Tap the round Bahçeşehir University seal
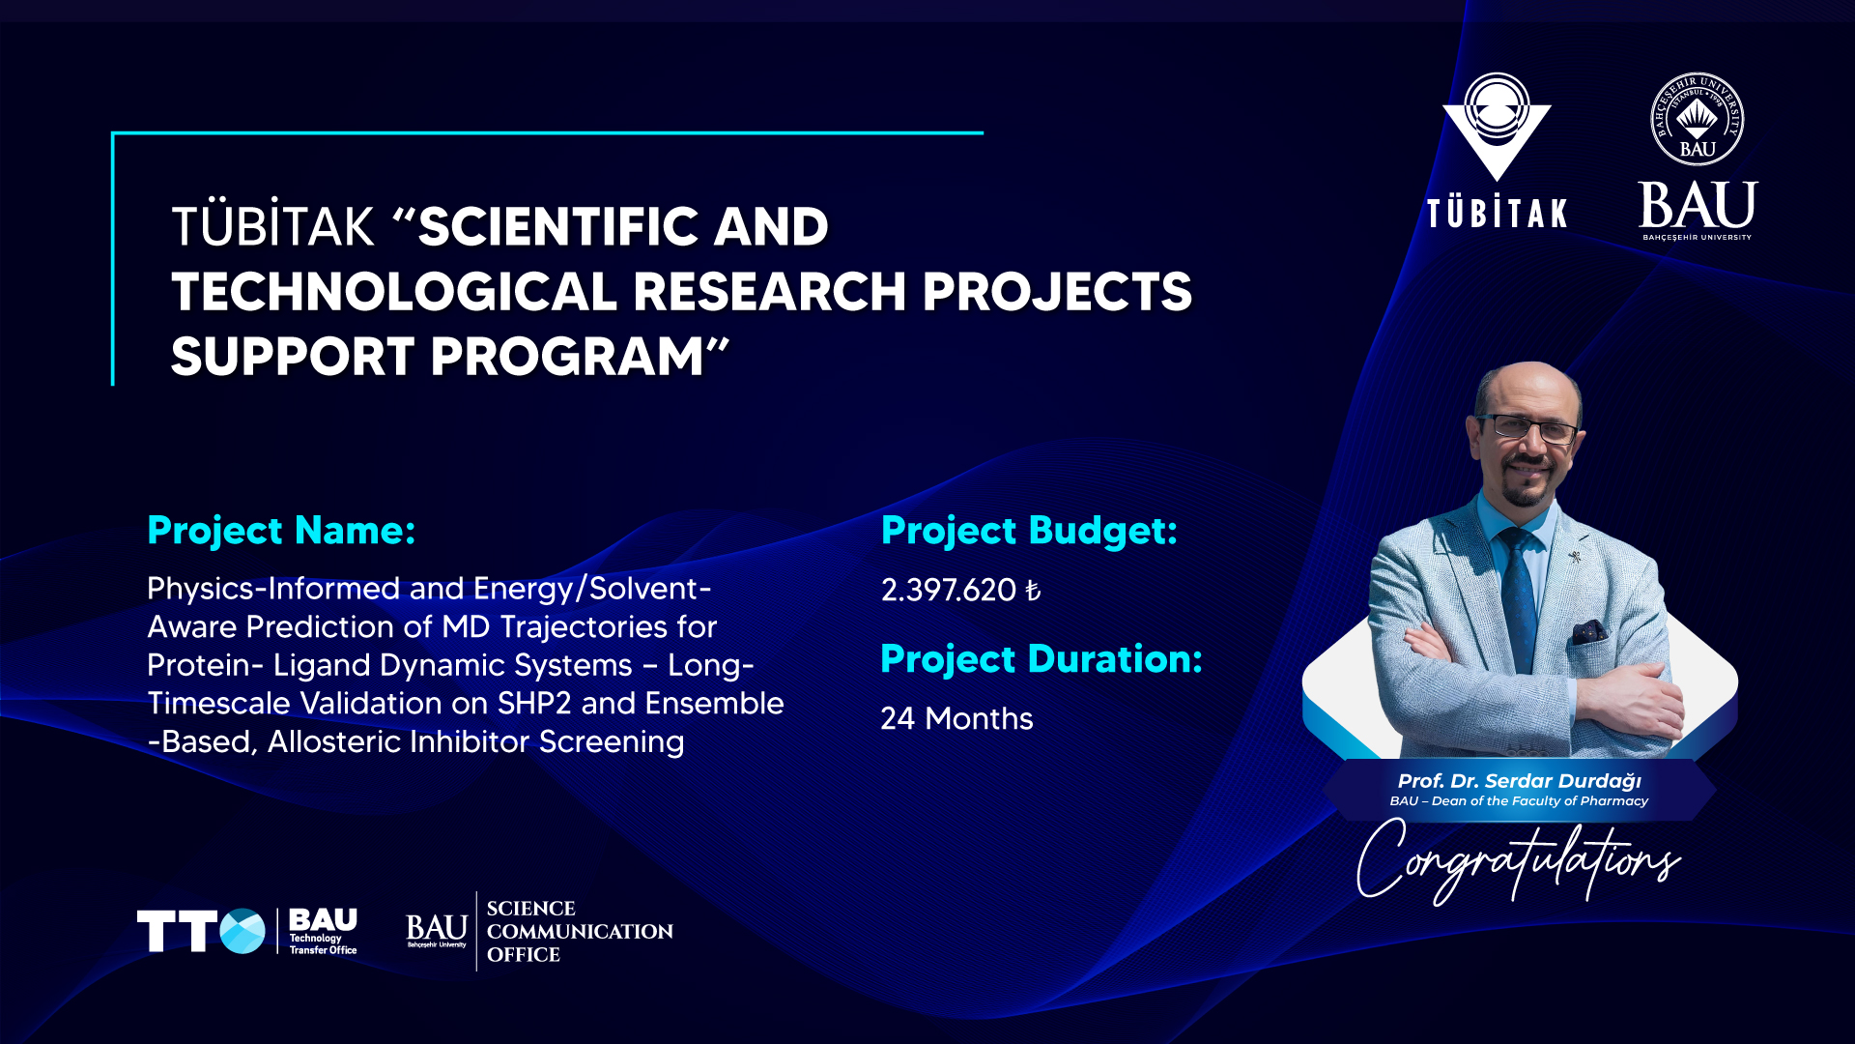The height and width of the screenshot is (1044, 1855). (x=1698, y=120)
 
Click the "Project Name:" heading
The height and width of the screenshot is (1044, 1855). (x=281, y=531)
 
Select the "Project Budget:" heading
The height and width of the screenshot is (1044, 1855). (x=1029, y=531)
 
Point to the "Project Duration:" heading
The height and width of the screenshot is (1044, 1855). (x=1042, y=659)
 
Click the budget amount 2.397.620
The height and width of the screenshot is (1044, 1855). (x=948, y=590)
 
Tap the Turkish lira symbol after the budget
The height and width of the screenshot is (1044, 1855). (x=1033, y=590)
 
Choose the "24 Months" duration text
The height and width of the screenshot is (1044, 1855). (x=956, y=718)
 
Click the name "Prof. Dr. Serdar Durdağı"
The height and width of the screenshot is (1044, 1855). (x=1519, y=781)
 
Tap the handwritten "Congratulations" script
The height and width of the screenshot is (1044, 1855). (x=1518, y=859)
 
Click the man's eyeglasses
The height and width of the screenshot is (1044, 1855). (x=1530, y=427)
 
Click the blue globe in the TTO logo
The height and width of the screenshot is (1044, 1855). (x=242, y=931)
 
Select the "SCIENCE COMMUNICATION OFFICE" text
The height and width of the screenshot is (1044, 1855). (x=580, y=931)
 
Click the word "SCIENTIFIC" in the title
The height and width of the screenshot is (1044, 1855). (x=558, y=226)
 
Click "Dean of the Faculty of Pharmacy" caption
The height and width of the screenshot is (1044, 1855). (x=1540, y=801)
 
